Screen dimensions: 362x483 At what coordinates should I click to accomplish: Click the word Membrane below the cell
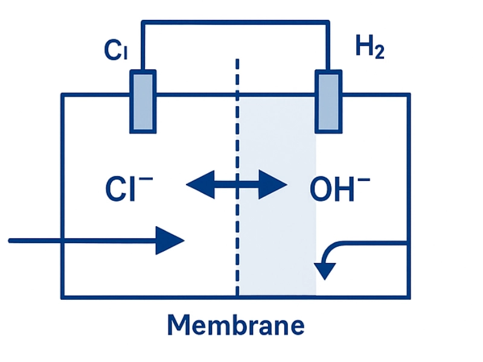tap(236, 326)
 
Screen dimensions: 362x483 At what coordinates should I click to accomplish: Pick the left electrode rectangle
tap(143, 101)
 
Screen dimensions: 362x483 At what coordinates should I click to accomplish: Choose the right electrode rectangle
tap(330, 101)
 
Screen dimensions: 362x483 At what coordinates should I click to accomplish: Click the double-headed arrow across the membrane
tap(236, 184)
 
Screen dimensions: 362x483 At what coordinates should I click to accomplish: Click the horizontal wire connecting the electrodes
tap(235, 22)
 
